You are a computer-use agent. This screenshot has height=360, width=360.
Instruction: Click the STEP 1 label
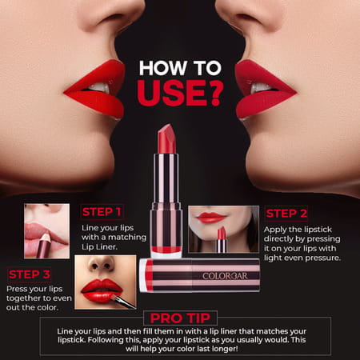[102, 212]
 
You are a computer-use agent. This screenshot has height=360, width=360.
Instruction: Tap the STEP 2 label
[286, 214]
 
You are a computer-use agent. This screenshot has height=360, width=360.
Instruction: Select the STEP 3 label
[31, 273]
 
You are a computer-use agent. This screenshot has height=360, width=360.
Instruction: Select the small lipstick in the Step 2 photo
[222, 239]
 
